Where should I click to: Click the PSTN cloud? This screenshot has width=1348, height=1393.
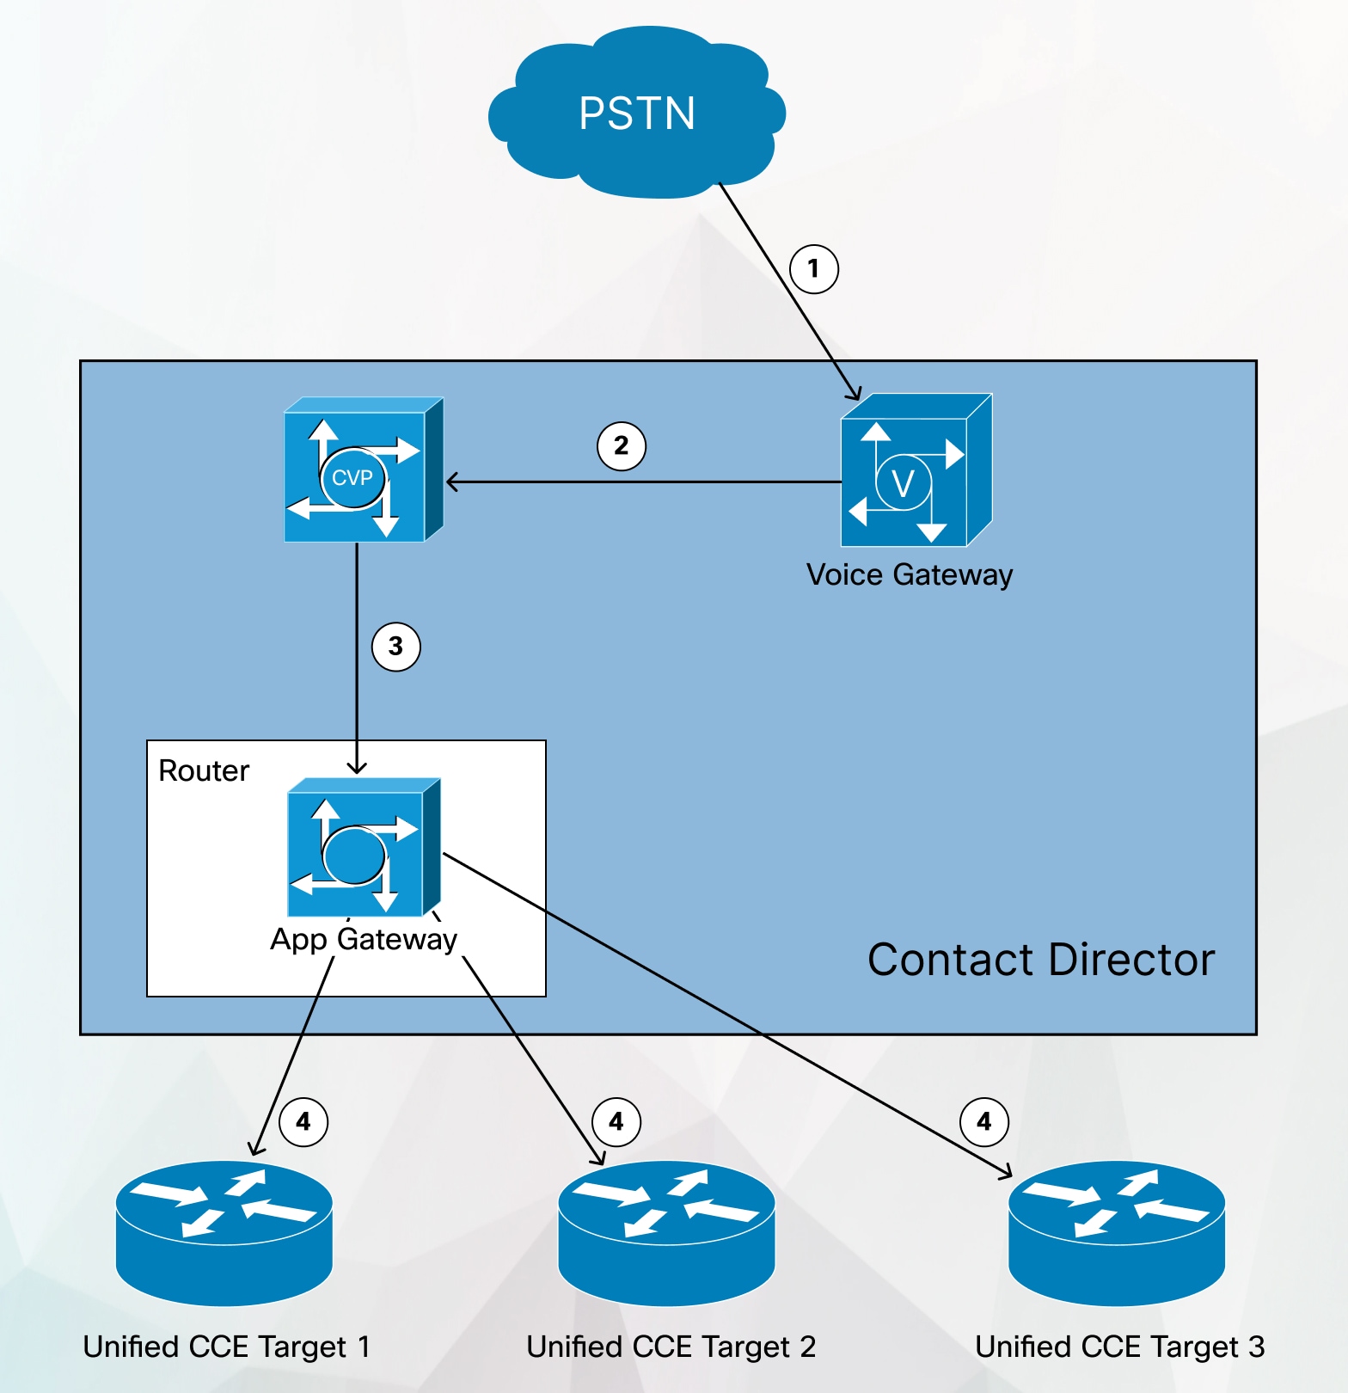tap(636, 116)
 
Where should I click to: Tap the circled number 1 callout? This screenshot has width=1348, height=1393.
tap(813, 269)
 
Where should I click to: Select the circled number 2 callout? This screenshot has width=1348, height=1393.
tap(621, 446)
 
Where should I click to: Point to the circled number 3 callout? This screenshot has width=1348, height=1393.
tap(395, 647)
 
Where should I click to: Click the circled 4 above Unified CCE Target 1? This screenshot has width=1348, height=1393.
tap(303, 1122)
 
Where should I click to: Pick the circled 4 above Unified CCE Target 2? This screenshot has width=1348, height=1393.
tap(616, 1122)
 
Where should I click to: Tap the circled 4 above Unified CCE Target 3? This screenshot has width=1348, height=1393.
tap(983, 1122)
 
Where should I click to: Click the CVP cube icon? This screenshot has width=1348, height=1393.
tap(361, 471)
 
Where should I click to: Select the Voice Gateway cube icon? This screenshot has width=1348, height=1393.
tap(914, 471)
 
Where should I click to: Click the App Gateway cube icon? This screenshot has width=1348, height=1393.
tap(361, 850)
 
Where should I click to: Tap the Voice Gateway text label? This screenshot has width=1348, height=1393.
tap(910, 574)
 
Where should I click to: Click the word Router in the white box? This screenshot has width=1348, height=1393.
tap(204, 771)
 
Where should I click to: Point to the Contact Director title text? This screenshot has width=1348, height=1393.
tap(1040, 960)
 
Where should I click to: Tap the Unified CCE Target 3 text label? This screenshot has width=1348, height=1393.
tap(1119, 1347)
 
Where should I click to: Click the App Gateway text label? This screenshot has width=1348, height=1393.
tap(364, 939)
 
